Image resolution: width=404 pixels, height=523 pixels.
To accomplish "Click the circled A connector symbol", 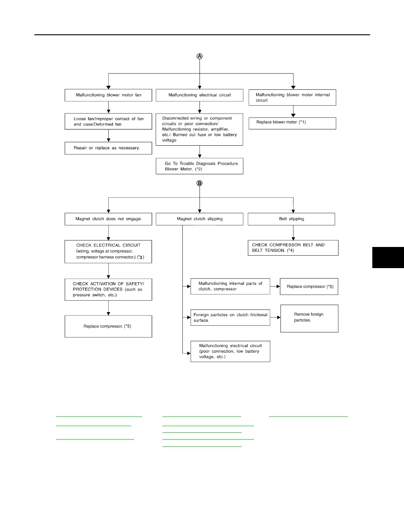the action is click(200, 56).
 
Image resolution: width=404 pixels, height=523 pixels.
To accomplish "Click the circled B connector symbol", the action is click(200, 183).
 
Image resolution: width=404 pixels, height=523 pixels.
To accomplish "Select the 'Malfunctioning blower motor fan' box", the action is click(108, 95).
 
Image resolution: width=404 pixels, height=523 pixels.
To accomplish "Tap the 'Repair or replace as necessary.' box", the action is click(108, 148).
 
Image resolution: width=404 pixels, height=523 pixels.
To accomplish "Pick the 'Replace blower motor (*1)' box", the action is click(292, 123).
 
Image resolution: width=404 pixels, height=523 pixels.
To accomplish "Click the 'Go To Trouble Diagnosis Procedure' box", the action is click(200, 166).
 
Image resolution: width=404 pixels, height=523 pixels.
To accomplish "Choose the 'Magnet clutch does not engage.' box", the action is click(108, 219).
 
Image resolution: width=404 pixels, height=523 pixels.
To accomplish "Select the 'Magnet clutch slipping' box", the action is click(200, 219).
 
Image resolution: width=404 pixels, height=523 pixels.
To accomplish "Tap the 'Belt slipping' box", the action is click(291, 219).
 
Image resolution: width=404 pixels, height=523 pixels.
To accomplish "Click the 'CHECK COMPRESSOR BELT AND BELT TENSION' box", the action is click(293, 248).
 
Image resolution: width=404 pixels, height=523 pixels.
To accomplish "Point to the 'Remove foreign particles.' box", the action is click(309, 319).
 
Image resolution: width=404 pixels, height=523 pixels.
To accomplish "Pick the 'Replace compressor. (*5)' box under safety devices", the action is click(108, 327).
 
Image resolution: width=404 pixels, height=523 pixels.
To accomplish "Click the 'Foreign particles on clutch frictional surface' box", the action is click(230, 317).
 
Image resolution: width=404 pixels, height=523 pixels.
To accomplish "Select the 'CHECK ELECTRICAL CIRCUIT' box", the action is click(108, 251).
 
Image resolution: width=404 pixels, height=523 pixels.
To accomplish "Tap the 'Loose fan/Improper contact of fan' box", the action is click(108, 122).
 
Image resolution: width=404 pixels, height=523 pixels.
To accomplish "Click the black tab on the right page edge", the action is click(388, 258).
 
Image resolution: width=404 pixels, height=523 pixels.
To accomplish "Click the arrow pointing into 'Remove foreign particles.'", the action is click(275, 317).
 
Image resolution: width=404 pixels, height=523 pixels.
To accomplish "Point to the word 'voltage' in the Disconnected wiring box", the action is click(169, 140).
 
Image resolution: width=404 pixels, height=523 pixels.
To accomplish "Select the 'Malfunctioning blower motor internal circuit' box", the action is click(292, 97).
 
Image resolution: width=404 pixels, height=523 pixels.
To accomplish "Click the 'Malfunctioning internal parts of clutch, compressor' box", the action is click(230, 287).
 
